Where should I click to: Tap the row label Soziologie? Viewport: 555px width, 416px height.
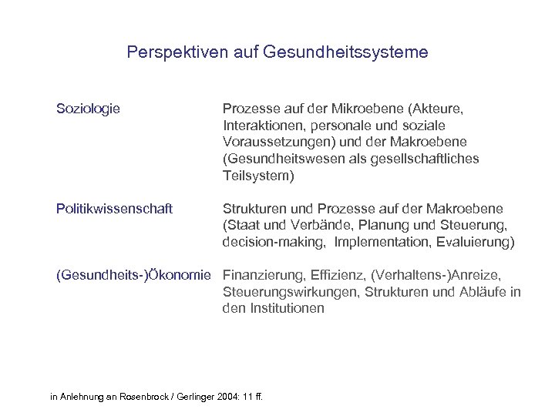88,109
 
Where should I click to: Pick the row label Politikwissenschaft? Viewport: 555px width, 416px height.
114,209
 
